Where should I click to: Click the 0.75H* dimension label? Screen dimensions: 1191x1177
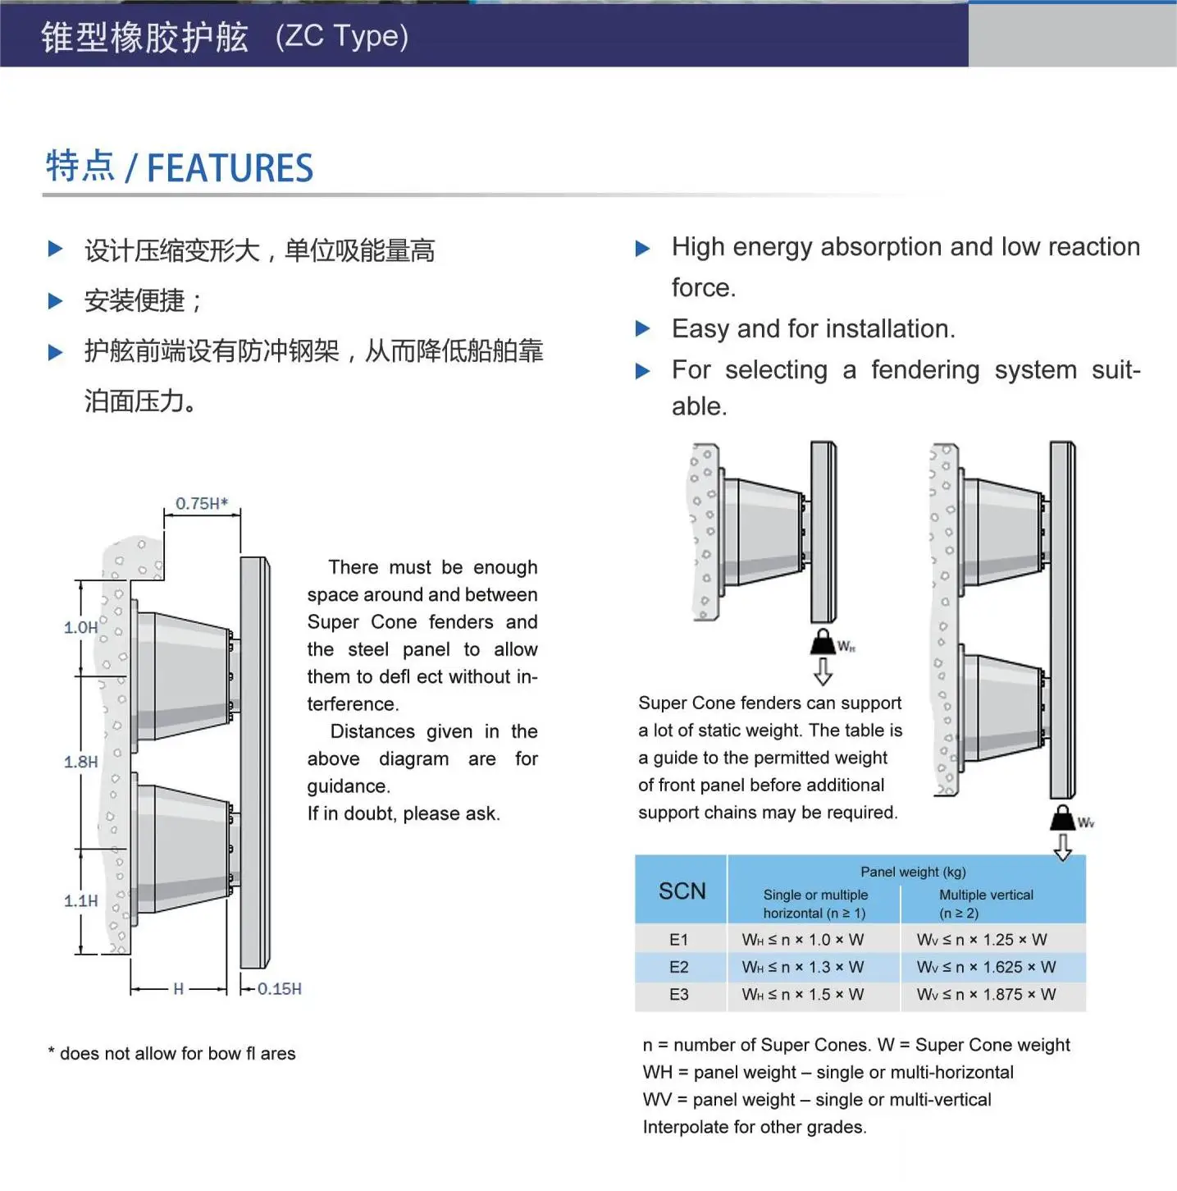(201, 503)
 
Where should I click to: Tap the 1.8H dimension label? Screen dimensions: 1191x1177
(80, 762)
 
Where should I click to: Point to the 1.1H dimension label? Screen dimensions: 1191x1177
(80, 900)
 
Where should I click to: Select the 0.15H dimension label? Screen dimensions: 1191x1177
(279, 989)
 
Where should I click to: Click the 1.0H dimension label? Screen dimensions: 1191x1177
(80, 628)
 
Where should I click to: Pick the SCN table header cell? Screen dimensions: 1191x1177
(682, 891)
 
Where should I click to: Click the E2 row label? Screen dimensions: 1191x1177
(678, 967)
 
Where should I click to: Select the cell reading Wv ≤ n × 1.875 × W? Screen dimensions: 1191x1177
(986, 995)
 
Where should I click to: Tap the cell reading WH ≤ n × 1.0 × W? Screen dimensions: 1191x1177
(802, 940)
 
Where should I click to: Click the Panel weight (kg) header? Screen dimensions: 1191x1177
(913, 872)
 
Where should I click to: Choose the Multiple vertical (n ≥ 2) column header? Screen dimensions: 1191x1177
(986, 904)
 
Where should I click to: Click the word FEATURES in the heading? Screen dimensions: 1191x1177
(230, 168)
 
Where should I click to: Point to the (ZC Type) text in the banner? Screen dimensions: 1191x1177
(342, 37)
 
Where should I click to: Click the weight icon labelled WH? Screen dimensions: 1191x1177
(823, 642)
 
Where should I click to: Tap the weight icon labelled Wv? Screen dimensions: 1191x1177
(1062, 818)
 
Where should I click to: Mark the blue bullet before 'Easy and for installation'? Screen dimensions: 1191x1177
(643, 329)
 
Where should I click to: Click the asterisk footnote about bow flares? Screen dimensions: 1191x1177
(171, 1054)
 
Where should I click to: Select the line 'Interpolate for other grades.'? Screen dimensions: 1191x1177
(754, 1127)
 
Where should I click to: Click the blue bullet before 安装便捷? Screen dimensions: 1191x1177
(56, 301)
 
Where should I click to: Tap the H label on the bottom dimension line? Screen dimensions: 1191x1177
(178, 989)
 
